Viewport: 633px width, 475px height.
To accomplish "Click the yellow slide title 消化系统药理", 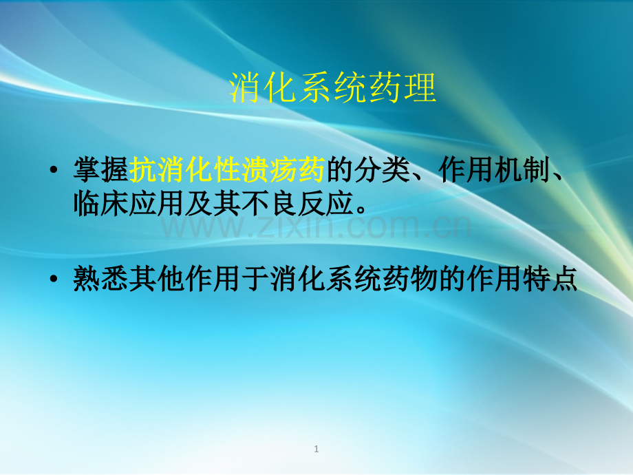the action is (332, 87).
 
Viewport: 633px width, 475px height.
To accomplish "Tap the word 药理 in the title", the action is (403, 87).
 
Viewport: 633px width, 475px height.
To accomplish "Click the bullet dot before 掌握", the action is (53, 169).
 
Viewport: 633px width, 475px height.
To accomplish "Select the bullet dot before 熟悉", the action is (53, 279).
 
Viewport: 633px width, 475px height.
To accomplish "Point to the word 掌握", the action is (101, 169).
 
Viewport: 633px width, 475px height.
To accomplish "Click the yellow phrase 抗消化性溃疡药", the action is (227, 169).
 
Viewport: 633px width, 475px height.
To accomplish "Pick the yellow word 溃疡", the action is (269, 169).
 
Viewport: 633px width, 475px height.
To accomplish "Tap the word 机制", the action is (522, 169).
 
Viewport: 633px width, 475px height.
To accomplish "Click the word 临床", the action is (101, 203).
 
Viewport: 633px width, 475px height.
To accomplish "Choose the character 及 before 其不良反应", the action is (199, 203).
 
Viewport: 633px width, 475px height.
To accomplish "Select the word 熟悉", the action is (101, 279).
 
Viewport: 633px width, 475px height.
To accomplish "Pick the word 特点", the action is (550, 279).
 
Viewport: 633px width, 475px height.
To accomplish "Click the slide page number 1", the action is (316, 449).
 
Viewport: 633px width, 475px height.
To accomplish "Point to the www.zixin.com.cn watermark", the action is (316, 226).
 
